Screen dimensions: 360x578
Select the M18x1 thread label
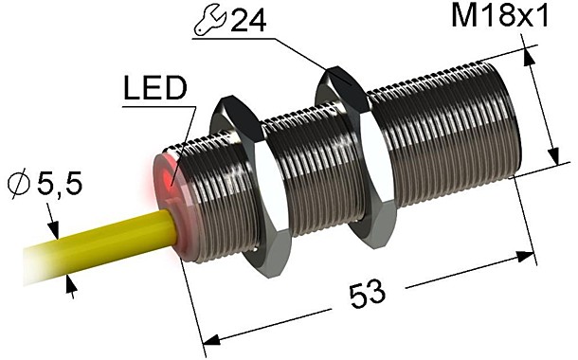click(x=513, y=17)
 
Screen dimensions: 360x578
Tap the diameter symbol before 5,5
click(x=18, y=186)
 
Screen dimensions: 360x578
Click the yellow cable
click(x=95, y=247)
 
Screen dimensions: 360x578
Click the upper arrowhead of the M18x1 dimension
click(x=524, y=59)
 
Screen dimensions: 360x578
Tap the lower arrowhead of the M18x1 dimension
click(x=551, y=158)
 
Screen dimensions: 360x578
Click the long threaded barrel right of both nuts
click(x=445, y=133)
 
